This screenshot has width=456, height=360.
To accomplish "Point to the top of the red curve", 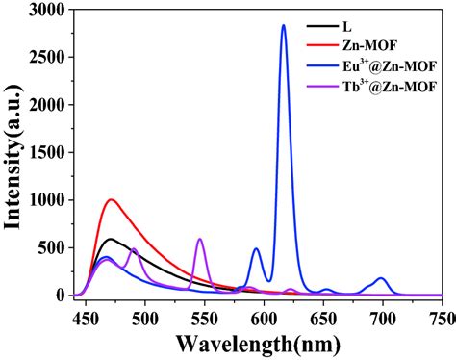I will coord(112,200).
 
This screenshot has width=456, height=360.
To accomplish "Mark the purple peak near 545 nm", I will coord(200,239).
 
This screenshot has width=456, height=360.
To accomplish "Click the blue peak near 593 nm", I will coord(256,249).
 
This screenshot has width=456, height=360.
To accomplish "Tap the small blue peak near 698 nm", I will coord(382,279).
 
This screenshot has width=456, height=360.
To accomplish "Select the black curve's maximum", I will coord(111,239).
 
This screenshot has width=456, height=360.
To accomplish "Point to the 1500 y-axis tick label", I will coord(46,153).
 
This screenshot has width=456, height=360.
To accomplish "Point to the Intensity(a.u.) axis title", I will coord(14,154).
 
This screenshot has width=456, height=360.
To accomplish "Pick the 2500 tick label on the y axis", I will coord(46,58).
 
